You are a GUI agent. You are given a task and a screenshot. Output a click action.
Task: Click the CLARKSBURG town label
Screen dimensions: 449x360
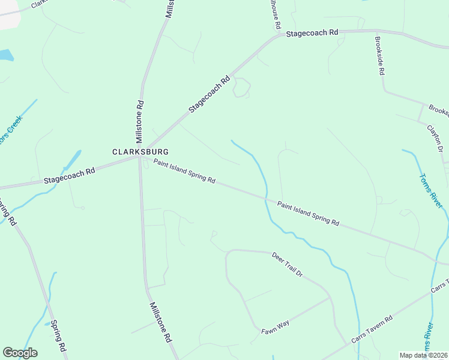coord(140,152)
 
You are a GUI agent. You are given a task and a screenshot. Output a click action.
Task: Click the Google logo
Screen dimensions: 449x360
coord(20,353)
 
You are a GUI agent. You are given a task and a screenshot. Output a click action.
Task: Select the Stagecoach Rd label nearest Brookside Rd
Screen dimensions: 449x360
coord(312,34)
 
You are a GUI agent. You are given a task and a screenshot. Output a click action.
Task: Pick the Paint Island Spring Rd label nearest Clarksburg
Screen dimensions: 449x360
coord(184,171)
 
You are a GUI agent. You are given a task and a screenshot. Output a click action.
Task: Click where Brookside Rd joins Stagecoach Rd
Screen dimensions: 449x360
coord(376,30)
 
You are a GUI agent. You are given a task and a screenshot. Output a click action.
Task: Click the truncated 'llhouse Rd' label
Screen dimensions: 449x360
coord(275,15)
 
